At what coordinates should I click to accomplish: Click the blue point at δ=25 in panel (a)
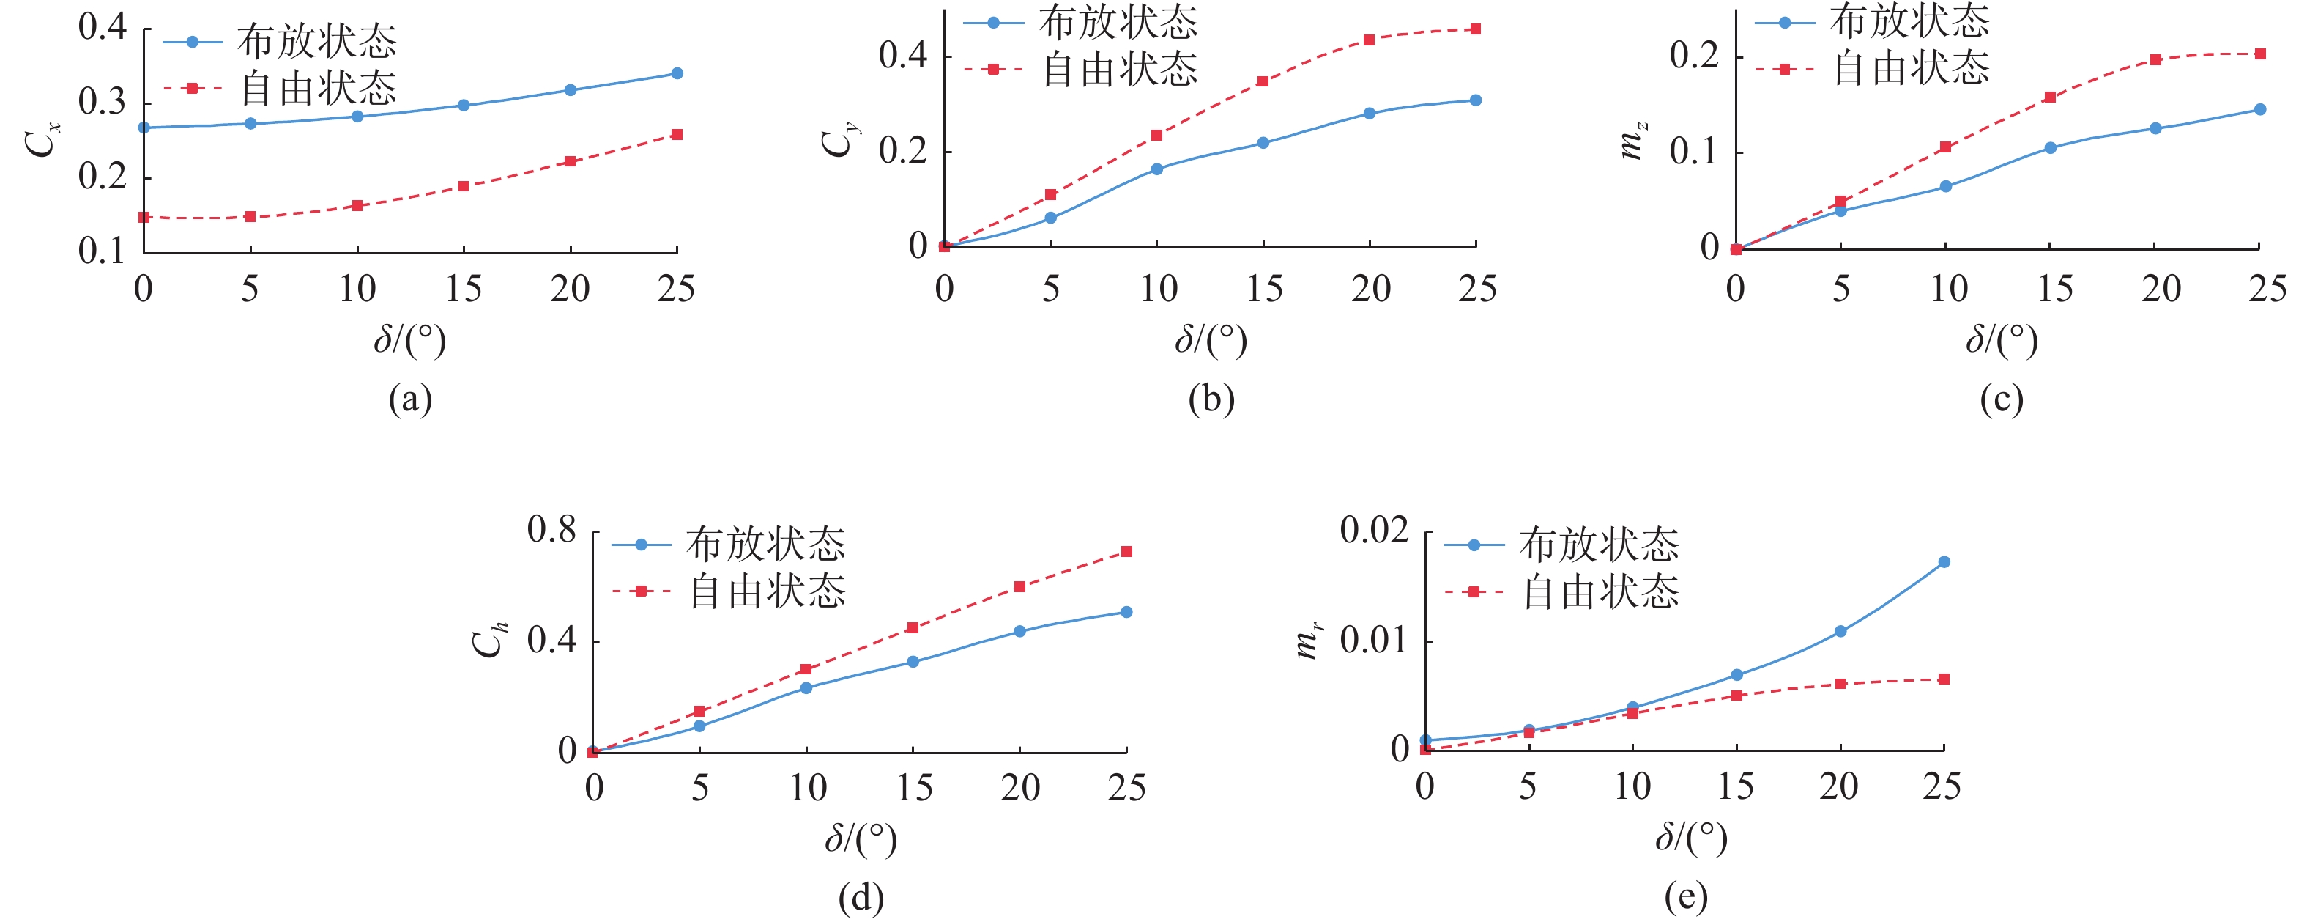[x=676, y=73]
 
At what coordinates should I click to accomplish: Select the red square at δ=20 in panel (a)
[x=571, y=161]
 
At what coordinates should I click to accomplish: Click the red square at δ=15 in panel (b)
[x=1263, y=81]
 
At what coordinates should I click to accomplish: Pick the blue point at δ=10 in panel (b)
[x=1156, y=169]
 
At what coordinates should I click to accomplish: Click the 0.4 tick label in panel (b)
[x=903, y=56]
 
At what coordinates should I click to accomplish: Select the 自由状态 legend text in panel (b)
[x=1121, y=69]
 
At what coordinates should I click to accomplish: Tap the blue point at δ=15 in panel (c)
[x=2050, y=148]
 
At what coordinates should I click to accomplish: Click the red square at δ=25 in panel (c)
[x=2260, y=54]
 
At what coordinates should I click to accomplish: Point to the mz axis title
[x=1632, y=141]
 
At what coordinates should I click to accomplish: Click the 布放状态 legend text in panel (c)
[x=1910, y=21]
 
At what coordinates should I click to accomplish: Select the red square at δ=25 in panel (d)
[x=1126, y=551]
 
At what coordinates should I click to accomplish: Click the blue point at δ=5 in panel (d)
[x=699, y=726]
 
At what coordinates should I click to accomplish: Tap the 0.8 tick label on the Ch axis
[x=551, y=530]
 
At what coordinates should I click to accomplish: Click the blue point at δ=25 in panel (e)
[x=1944, y=562]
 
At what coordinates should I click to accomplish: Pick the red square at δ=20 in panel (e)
[x=1840, y=684]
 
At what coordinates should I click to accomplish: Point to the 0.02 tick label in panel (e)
[x=1374, y=530]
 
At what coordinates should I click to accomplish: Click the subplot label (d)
[x=861, y=897]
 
